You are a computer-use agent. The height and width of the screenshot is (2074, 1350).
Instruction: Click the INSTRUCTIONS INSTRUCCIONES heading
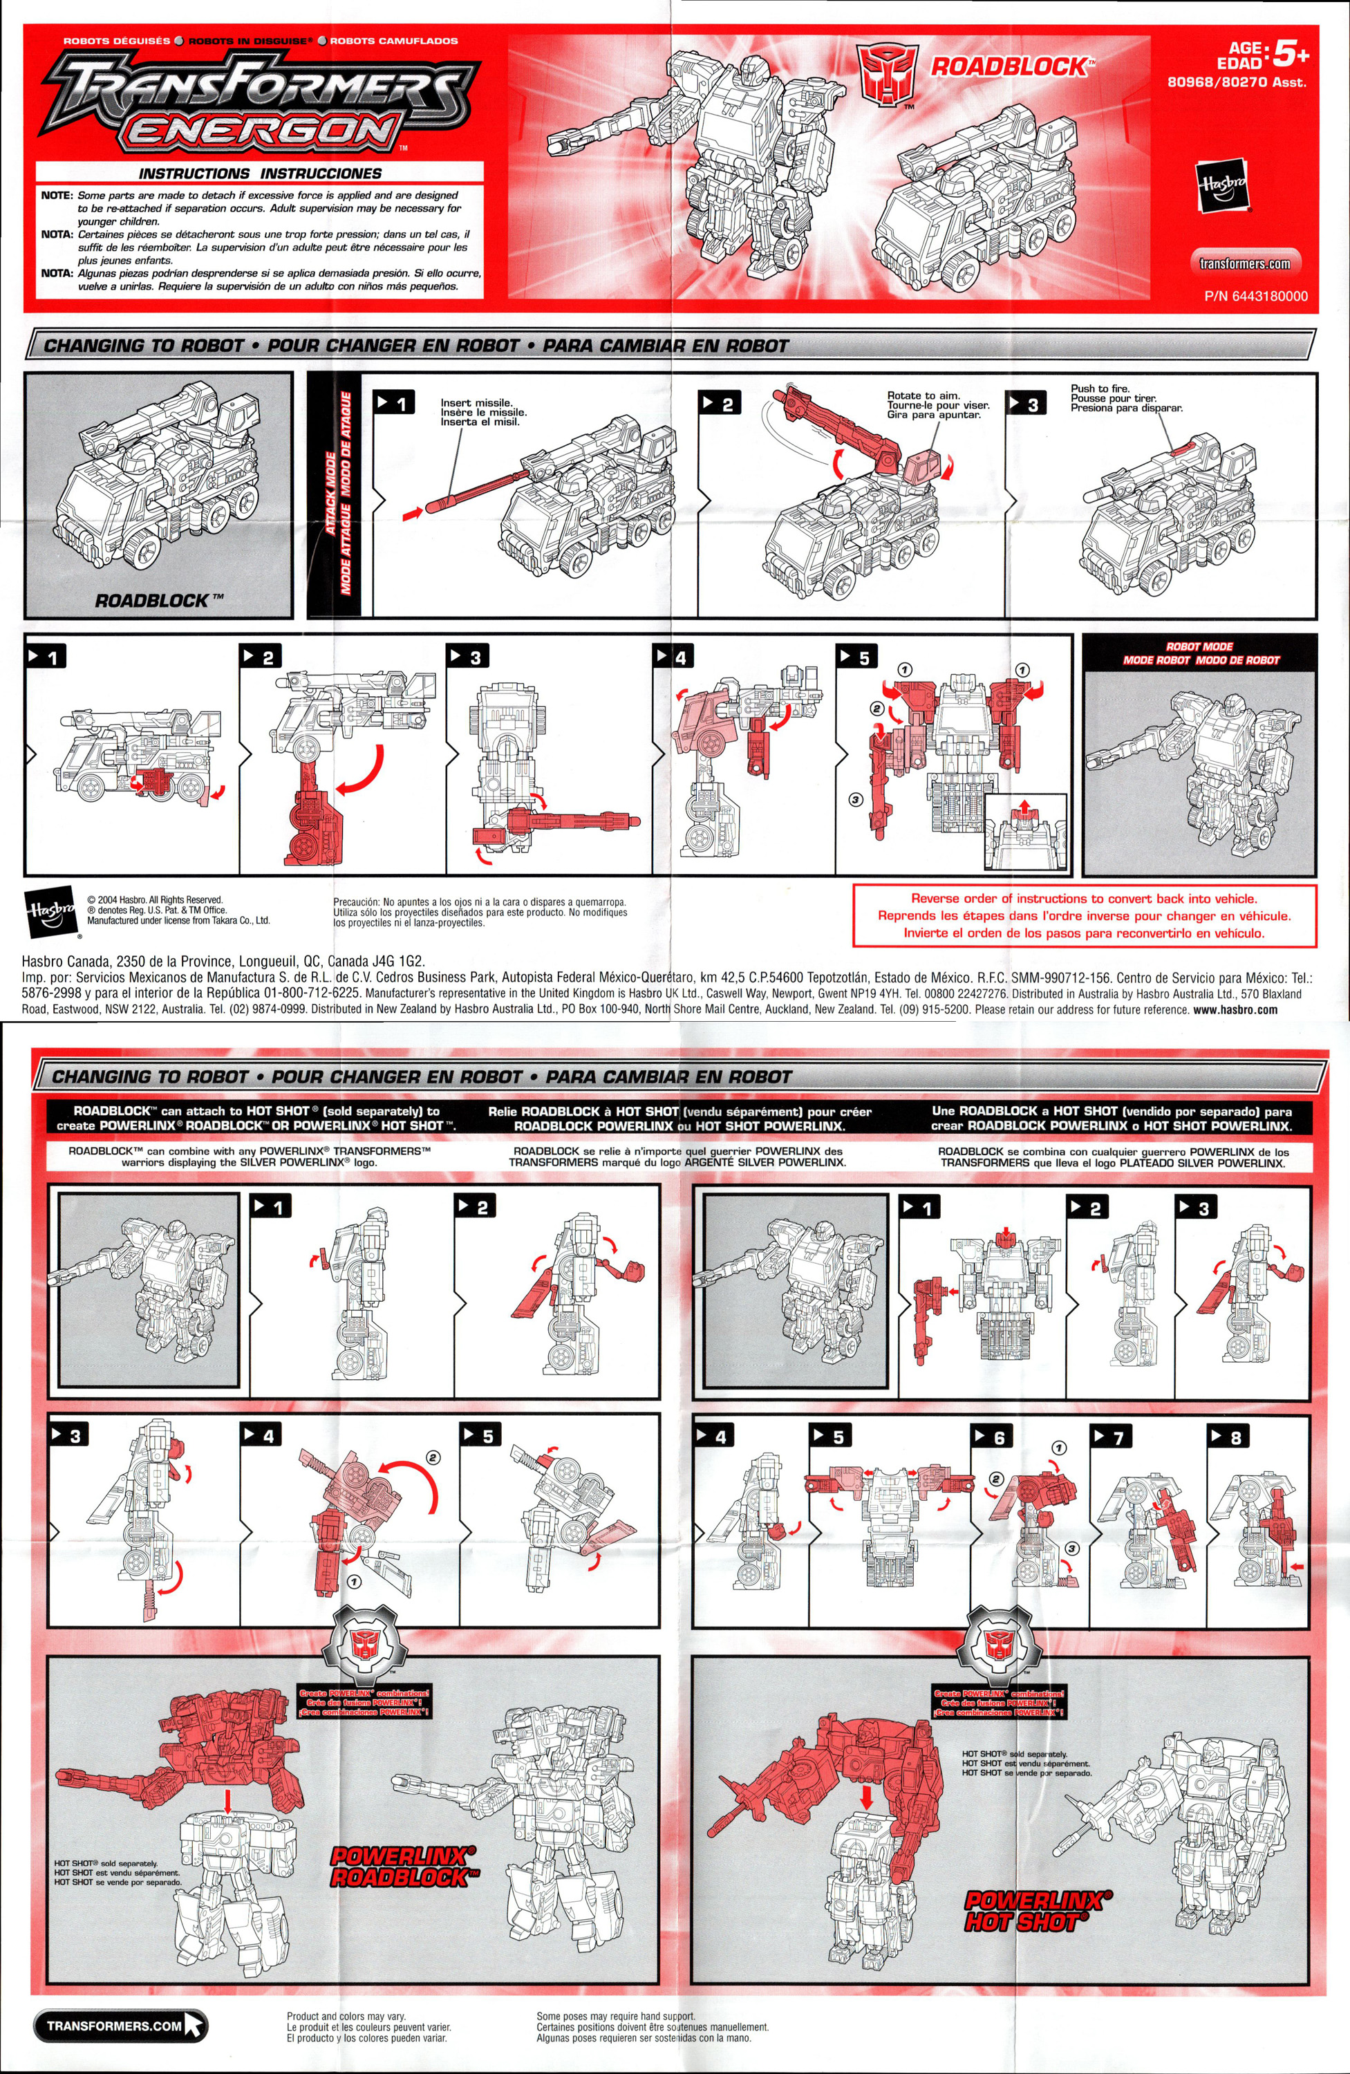[x=260, y=174]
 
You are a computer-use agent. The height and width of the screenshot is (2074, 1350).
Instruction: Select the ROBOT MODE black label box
[x=1200, y=653]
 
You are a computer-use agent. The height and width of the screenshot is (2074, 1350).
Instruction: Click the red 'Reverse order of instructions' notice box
[x=1084, y=915]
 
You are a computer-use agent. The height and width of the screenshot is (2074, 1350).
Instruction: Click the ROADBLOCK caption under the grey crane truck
[x=158, y=600]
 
